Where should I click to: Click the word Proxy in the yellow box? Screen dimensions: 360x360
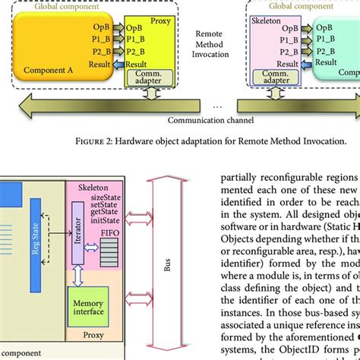pyautogui.click(x=161, y=23)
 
